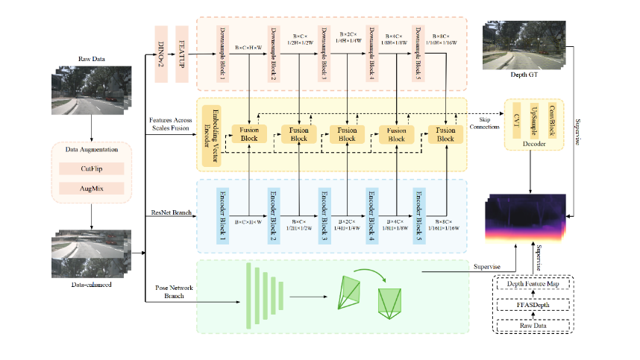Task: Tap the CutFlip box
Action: tap(91, 169)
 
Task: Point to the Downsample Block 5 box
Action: tap(418, 57)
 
